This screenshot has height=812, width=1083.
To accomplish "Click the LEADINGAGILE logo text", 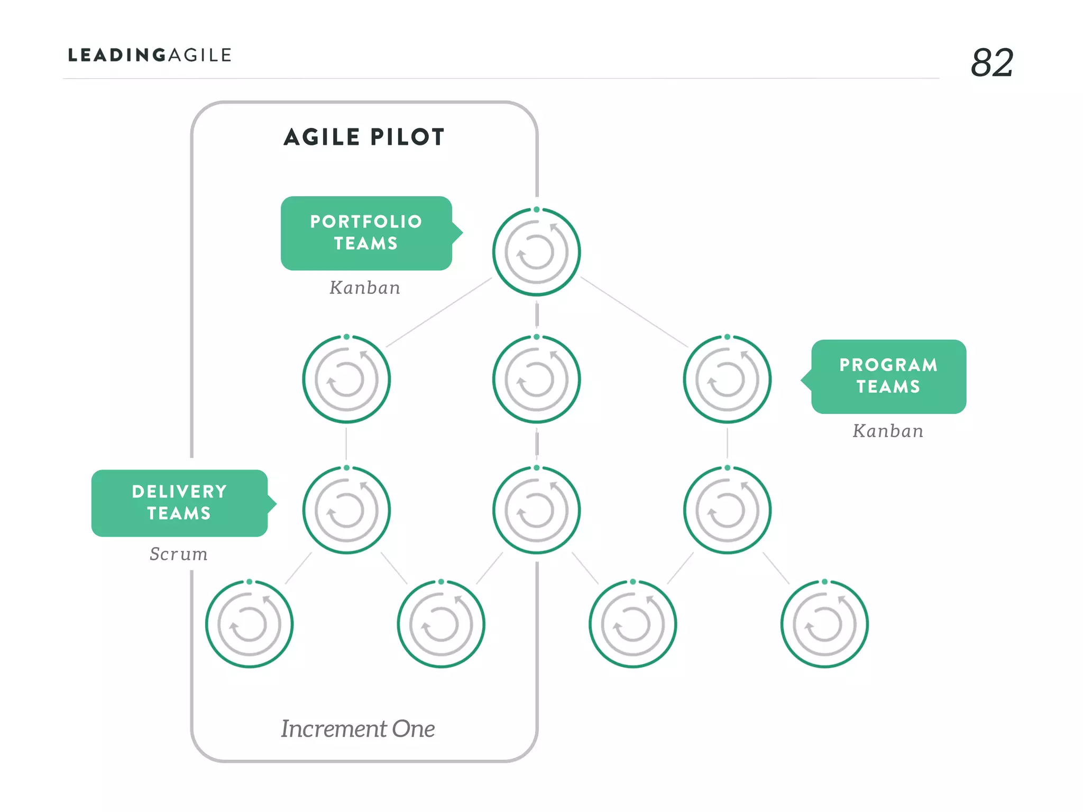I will click(x=150, y=55).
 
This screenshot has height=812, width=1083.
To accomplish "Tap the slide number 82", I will click(x=992, y=63).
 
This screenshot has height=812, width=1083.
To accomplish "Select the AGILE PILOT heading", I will click(x=364, y=137).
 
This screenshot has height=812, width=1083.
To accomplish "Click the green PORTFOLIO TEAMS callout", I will click(x=366, y=233).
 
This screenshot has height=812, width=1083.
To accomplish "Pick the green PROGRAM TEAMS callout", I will click(x=888, y=376).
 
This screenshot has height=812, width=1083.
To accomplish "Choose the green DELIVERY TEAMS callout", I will click(x=179, y=503).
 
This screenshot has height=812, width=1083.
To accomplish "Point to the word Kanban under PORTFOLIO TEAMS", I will click(x=365, y=288).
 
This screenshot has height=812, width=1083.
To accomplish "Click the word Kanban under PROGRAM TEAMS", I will click(x=888, y=431).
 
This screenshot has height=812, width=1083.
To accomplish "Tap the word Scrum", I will click(x=179, y=554).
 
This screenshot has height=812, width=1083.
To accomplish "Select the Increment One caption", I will click(x=358, y=728).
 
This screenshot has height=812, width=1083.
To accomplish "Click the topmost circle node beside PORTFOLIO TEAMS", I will click(x=537, y=252).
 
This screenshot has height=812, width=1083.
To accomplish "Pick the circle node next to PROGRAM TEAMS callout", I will click(x=727, y=379).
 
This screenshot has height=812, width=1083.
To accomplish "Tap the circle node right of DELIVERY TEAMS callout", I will click(x=346, y=510).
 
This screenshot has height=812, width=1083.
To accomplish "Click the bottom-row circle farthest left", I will click(x=249, y=624).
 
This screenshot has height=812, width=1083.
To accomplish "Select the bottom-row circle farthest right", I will click(x=824, y=624).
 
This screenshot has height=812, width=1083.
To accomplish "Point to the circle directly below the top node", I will click(x=537, y=379).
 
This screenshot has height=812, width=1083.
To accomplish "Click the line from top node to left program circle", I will click(x=439, y=312).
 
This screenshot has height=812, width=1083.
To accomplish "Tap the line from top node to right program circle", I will click(x=634, y=312).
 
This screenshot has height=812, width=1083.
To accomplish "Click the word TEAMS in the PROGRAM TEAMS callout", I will click(x=888, y=387).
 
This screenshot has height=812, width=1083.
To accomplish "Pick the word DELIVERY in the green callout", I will click(x=179, y=492).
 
